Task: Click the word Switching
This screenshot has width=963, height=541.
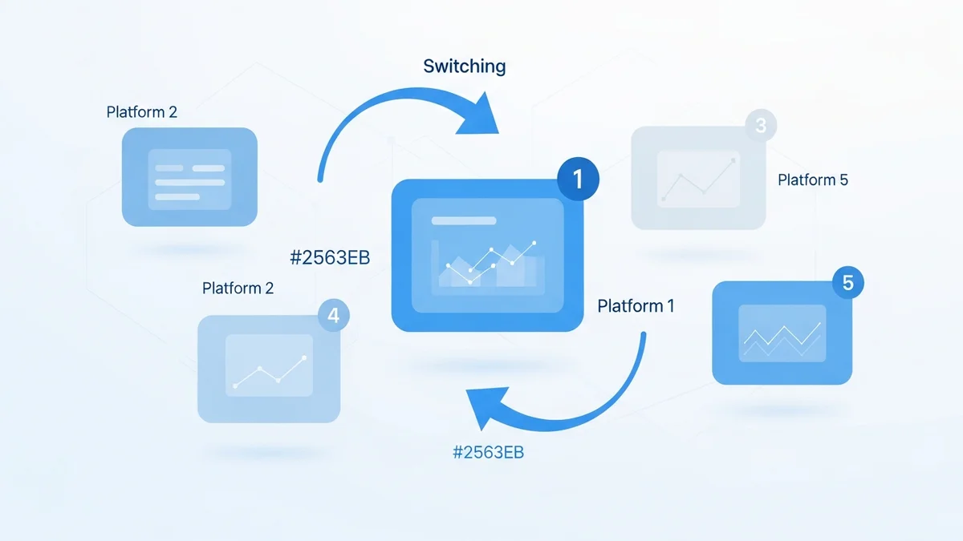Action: (x=465, y=66)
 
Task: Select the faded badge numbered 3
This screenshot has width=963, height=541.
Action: (x=761, y=126)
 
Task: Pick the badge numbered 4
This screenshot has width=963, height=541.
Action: (x=333, y=316)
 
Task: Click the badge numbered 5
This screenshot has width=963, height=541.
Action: (x=848, y=282)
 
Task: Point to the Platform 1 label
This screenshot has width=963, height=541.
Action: (x=636, y=305)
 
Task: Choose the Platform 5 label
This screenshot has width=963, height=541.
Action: (x=812, y=180)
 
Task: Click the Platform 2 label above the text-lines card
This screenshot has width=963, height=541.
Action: (x=142, y=112)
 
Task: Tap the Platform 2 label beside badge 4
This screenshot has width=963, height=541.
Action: (x=238, y=288)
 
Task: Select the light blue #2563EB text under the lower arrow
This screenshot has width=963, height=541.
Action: (x=488, y=452)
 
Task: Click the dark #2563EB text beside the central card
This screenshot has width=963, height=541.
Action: (x=330, y=258)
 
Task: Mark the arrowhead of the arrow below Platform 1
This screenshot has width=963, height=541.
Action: (x=486, y=407)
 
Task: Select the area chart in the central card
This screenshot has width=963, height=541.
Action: (x=487, y=264)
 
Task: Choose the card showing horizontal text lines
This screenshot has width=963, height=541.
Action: (x=189, y=177)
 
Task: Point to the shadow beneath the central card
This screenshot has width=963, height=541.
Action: (x=486, y=365)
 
